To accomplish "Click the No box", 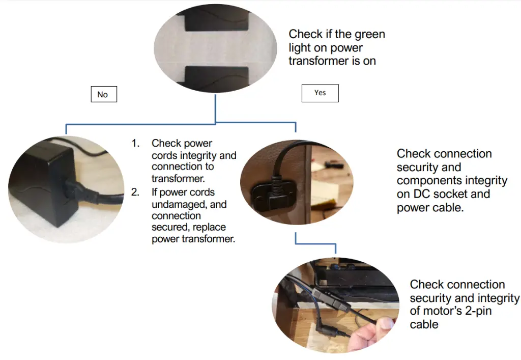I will pos(103,94).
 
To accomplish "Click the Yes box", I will pos(320,93).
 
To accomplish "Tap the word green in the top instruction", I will pos(370,34).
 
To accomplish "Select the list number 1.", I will pos(135,144).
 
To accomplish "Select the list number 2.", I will pos(135,192).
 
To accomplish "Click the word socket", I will pos(457,194).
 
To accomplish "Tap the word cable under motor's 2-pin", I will pos(424,324).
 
